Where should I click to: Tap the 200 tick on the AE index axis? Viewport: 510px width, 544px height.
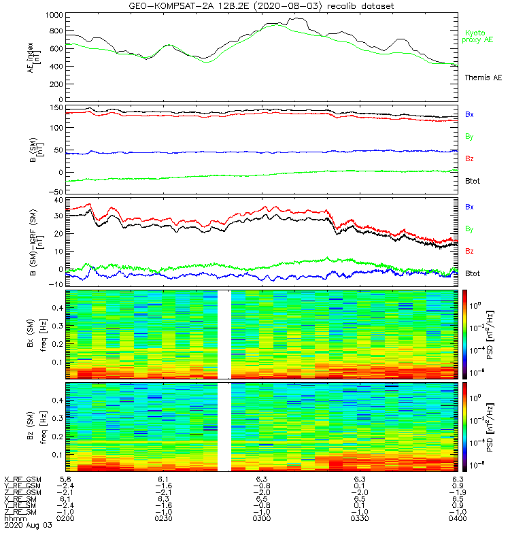click(x=56, y=83)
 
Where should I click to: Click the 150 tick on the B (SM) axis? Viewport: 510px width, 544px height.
click(x=56, y=107)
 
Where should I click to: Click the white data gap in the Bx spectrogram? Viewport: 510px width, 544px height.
click(x=224, y=334)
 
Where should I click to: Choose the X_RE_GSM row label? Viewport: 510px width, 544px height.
click(x=22, y=479)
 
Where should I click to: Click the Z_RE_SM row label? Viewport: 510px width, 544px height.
click(x=21, y=512)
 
